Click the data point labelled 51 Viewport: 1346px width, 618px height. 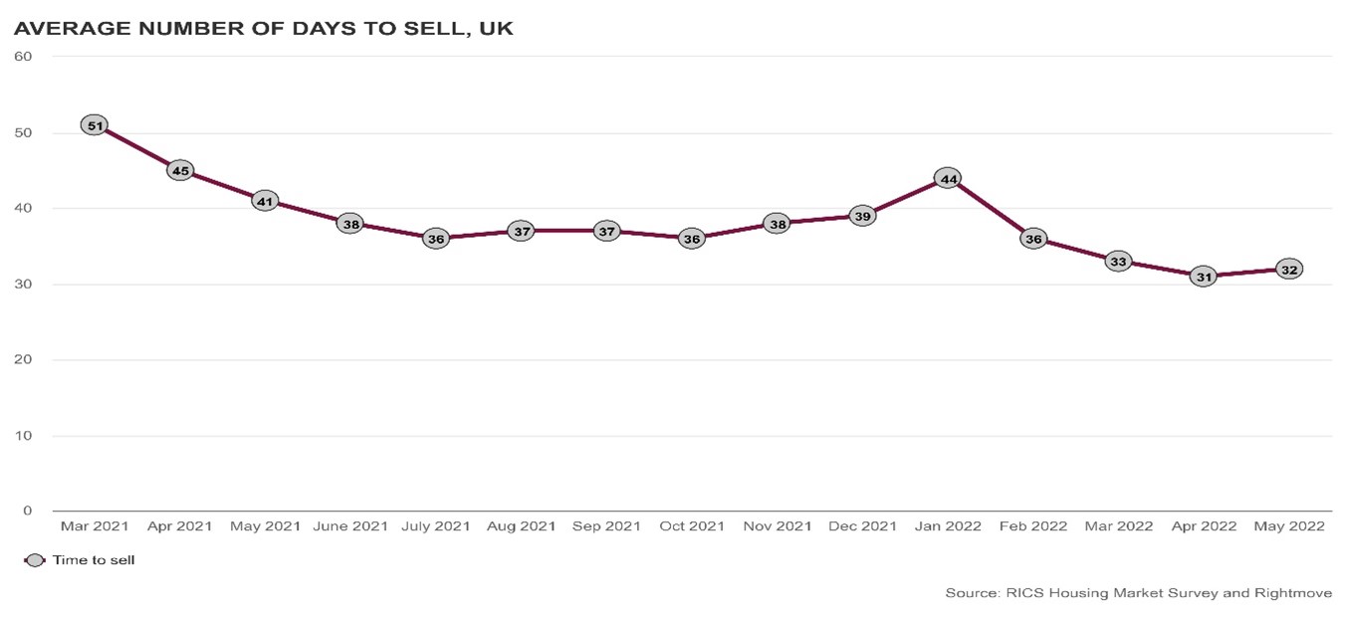pos(95,126)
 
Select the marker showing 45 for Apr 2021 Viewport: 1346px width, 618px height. pos(180,171)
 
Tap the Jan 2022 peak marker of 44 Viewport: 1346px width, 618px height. pos(949,179)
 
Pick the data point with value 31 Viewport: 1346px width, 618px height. pos(1204,277)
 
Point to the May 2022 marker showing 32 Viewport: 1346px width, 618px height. pos(1289,270)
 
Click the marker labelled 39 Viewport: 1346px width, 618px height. pos(863,216)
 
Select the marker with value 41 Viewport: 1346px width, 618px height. pos(265,201)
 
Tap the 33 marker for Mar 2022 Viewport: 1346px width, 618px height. pos(1119,262)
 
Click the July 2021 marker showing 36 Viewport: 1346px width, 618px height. pos(436,239)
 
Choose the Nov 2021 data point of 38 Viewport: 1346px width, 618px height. pos(778,224)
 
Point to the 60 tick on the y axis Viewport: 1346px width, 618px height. pos(24,57)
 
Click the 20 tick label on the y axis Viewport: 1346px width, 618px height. pos(24,360)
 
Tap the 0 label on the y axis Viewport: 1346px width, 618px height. pos(28,512)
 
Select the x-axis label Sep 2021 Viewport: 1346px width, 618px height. pos(606,526)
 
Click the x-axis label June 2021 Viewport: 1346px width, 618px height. pos(350,526)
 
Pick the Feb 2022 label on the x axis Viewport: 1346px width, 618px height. pos(1033,526)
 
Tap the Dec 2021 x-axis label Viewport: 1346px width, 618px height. pos(862,526)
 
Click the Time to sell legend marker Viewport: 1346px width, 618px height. pos(35,560)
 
